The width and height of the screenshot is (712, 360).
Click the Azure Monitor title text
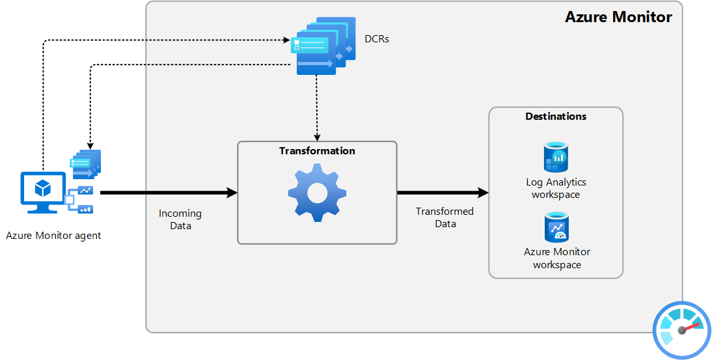pos(618,17)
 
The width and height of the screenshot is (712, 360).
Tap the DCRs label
pos(377,40)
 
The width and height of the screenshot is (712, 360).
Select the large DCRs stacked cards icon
pos(323,45)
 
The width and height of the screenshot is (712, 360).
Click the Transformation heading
pos(317,151)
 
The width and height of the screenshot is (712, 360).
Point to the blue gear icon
pos(317,193)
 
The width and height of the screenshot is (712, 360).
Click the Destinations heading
pos(556,117)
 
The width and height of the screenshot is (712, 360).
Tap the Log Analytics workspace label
pos(556,188)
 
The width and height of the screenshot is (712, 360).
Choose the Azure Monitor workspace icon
pos(556,227)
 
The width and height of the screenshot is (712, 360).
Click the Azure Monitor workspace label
pos(556,258)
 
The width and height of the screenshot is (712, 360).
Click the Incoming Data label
pos(180,220)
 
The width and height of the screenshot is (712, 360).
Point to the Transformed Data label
pos(445,217)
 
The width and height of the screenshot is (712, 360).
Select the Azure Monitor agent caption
pos(53,236)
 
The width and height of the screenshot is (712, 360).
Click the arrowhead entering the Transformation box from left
pos(232,193)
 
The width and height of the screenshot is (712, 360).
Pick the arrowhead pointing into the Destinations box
pos(483,193)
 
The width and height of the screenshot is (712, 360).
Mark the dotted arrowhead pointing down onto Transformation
pos(317,137)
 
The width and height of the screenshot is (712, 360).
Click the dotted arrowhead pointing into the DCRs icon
pos(287,40)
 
